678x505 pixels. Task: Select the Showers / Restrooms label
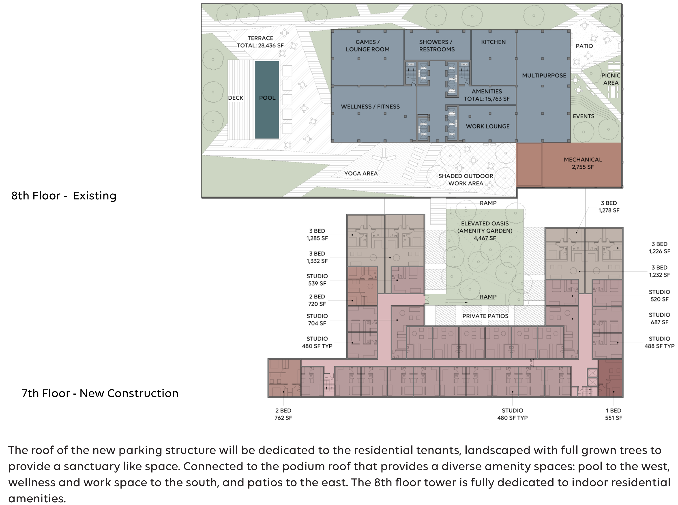437,45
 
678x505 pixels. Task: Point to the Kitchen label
493,42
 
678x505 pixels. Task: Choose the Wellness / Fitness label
370,106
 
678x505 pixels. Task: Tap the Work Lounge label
487,126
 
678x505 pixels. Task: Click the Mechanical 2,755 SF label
583,163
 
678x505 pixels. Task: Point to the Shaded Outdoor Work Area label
466,180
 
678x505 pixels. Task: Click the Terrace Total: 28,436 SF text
260,42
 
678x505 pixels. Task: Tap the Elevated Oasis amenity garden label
485,231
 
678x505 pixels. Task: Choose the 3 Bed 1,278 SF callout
609,207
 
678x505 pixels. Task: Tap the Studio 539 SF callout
317,280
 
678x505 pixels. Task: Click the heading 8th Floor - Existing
64,196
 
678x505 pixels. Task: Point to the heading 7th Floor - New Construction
100,393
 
